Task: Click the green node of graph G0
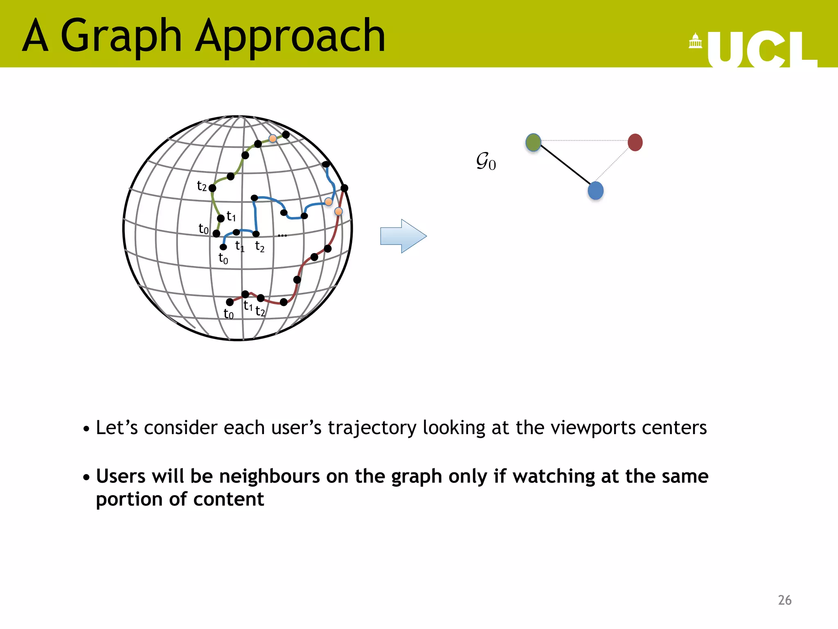(533, 143)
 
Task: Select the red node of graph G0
(635, 143)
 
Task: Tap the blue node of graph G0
(595, 191)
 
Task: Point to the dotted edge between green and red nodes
(584, 140)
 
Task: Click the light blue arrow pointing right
(403, 236)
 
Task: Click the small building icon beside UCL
(695, 41)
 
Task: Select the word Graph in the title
(121, 37)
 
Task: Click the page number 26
(784, 600)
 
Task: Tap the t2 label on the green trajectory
(202, 186)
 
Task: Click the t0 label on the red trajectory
(228, 314)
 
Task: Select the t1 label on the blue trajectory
(240, 246)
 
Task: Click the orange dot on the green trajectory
(273, 138)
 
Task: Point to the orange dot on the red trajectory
(338, 211)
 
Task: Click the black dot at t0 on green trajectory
(216, 233)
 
